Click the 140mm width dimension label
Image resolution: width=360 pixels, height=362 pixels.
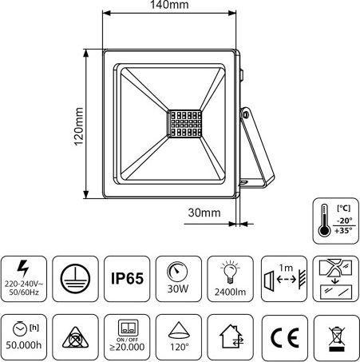pos(169,5)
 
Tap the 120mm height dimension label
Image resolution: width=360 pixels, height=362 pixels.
pos(79,126)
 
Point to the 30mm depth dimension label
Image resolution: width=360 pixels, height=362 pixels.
pos(204,213)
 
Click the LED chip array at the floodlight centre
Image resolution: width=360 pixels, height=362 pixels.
pos(184,124)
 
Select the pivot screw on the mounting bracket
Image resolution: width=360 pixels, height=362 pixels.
pos(245,115)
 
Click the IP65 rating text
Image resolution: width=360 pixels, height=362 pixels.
pos(127,279)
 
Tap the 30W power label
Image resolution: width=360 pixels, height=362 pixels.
pos(178,288)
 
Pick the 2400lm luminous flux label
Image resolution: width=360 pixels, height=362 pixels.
pos(230,292)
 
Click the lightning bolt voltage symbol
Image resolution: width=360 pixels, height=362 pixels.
pos(23,269)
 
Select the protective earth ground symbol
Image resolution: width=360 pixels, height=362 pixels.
pos(75,279)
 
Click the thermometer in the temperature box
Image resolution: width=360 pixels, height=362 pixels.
pos(324,221)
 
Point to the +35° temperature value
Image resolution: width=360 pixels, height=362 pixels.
pos(343,230)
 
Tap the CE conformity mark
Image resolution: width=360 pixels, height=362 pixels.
pos(284,337)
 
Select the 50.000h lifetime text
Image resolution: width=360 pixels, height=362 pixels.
pos(24,345)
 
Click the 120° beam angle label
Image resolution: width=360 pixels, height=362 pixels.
pos(180,347)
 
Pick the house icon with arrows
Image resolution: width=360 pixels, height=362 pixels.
pos(231,336)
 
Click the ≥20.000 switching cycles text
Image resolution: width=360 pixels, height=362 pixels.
pos(127,347)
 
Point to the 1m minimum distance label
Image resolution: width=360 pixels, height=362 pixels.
pos(286,268)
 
